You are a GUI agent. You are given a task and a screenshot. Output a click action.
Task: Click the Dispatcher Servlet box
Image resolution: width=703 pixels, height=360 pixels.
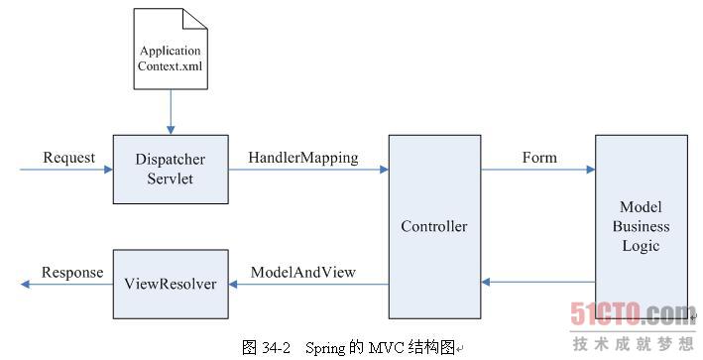pos(171,169)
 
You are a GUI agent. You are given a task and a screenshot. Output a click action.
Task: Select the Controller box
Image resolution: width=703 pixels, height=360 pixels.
pos(433,226)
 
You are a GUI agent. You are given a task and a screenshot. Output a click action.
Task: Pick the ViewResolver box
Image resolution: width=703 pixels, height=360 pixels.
pos(171,284)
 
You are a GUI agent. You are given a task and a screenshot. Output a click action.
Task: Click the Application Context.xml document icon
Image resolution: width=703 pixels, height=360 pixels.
pos(170,51)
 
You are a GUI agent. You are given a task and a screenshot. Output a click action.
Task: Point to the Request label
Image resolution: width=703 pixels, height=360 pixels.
pos(69,158)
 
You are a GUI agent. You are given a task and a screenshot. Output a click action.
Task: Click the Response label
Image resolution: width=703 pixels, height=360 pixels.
pos(71,273)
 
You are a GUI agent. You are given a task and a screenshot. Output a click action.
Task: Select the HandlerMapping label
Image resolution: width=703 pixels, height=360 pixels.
pos(302,158)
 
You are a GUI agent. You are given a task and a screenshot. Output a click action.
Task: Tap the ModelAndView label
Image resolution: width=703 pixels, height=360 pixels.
pos(303,272)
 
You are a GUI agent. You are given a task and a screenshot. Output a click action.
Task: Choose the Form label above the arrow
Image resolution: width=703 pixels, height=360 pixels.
pos(539,158)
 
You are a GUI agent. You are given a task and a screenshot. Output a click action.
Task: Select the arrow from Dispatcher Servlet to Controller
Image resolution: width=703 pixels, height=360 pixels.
pos(308,170)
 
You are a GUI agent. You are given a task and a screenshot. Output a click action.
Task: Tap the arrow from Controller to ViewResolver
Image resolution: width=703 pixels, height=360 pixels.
pos(308,284)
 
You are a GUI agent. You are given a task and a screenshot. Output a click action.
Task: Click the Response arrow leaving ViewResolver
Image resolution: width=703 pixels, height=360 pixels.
pos(65,285)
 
